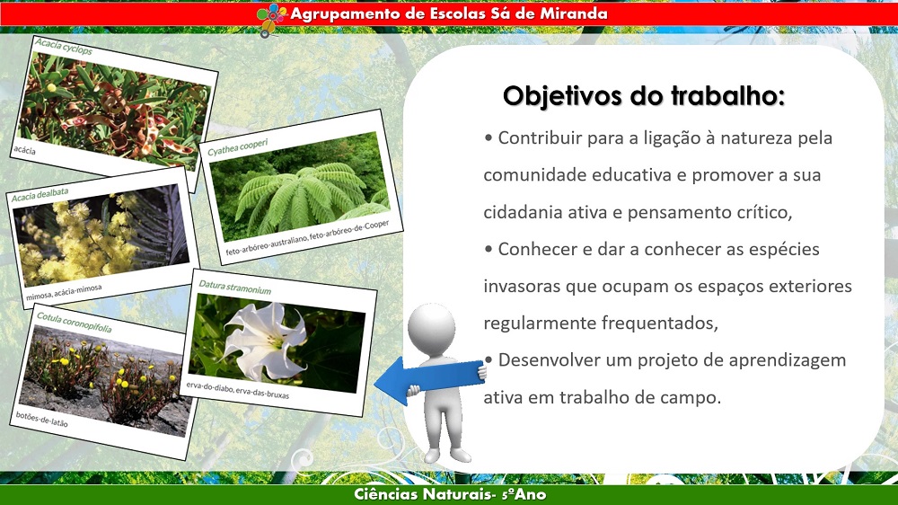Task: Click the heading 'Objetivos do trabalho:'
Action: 643,96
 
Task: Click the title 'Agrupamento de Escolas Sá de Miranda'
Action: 448,13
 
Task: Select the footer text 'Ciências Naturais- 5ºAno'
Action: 450,495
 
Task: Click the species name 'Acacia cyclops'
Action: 63,46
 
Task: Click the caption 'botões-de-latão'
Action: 41,418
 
